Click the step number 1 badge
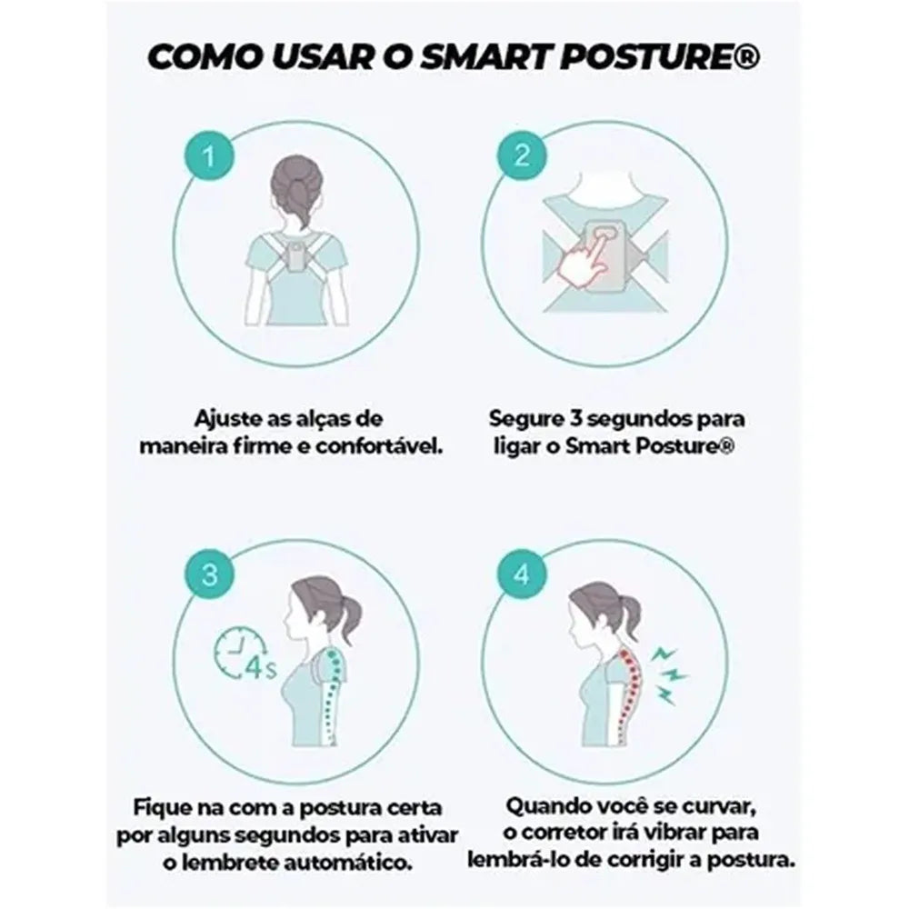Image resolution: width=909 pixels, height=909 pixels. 208,156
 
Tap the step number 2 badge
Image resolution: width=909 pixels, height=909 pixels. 522,155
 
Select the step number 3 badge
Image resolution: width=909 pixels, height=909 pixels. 209,575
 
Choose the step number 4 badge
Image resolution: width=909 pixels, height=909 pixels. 522,574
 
